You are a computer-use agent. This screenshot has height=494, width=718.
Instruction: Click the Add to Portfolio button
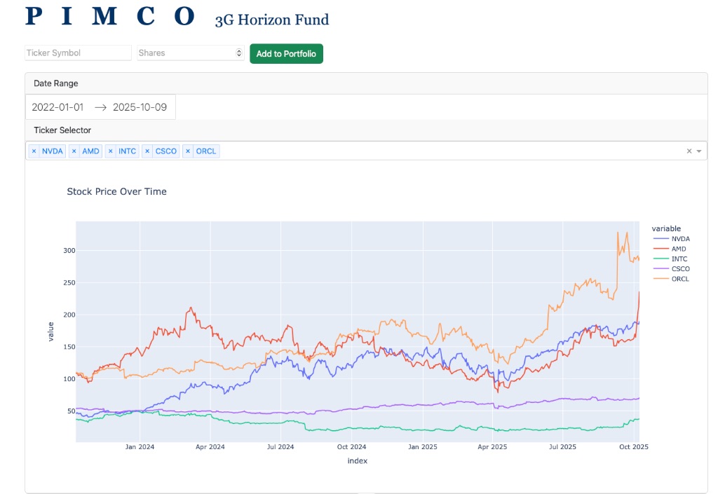[286, 54]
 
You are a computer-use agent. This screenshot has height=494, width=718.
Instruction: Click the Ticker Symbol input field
[78, 53]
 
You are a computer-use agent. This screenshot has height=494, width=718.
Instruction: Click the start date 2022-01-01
[57, 107]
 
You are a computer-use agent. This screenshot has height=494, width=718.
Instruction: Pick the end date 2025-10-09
[140, 107]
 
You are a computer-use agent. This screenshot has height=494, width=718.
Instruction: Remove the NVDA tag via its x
[34, 151]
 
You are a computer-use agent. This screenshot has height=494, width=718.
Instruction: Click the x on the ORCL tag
[188, 151]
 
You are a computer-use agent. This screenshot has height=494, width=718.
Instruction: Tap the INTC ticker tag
[127, 151]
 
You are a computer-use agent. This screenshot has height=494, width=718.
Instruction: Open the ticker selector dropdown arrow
[699, 151]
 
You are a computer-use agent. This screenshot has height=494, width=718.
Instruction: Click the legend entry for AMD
[677, 249]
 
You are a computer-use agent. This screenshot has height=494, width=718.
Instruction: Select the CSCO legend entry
[679, 268]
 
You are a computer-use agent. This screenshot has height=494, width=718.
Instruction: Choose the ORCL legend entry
[679, 279]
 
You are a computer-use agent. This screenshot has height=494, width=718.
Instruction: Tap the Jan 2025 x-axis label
[423, 446]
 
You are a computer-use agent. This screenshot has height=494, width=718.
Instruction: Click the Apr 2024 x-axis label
[210, 446]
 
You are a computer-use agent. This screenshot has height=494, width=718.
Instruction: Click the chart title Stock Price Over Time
[116, 191]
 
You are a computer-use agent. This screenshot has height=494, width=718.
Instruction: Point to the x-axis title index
[357, 461]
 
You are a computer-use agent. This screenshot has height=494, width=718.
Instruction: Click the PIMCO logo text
[110, 17]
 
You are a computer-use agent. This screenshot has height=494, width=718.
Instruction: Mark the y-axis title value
[50, 331]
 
